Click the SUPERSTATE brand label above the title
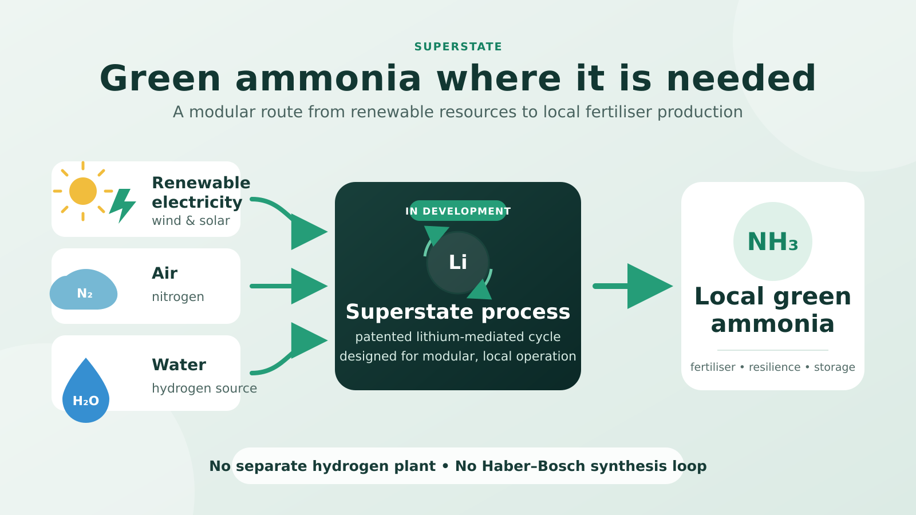click(458, 47)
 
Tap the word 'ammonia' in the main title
click(328, 78)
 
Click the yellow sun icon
click(83, 191)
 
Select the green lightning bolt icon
click(123, 205)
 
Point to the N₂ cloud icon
click(84, 290)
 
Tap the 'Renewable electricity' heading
click(201, 192)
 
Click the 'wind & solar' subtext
click(191, 221)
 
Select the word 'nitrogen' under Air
click(178, 297)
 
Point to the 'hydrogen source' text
click(204, 389)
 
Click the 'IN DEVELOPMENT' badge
click(458, 211)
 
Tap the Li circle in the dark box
click(458, 263)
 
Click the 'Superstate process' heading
click(458, 312)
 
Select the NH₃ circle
click(773, 241)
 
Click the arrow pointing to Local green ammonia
click(633, 286)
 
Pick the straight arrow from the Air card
click(289, 286)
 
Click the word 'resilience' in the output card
click(775, 367)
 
